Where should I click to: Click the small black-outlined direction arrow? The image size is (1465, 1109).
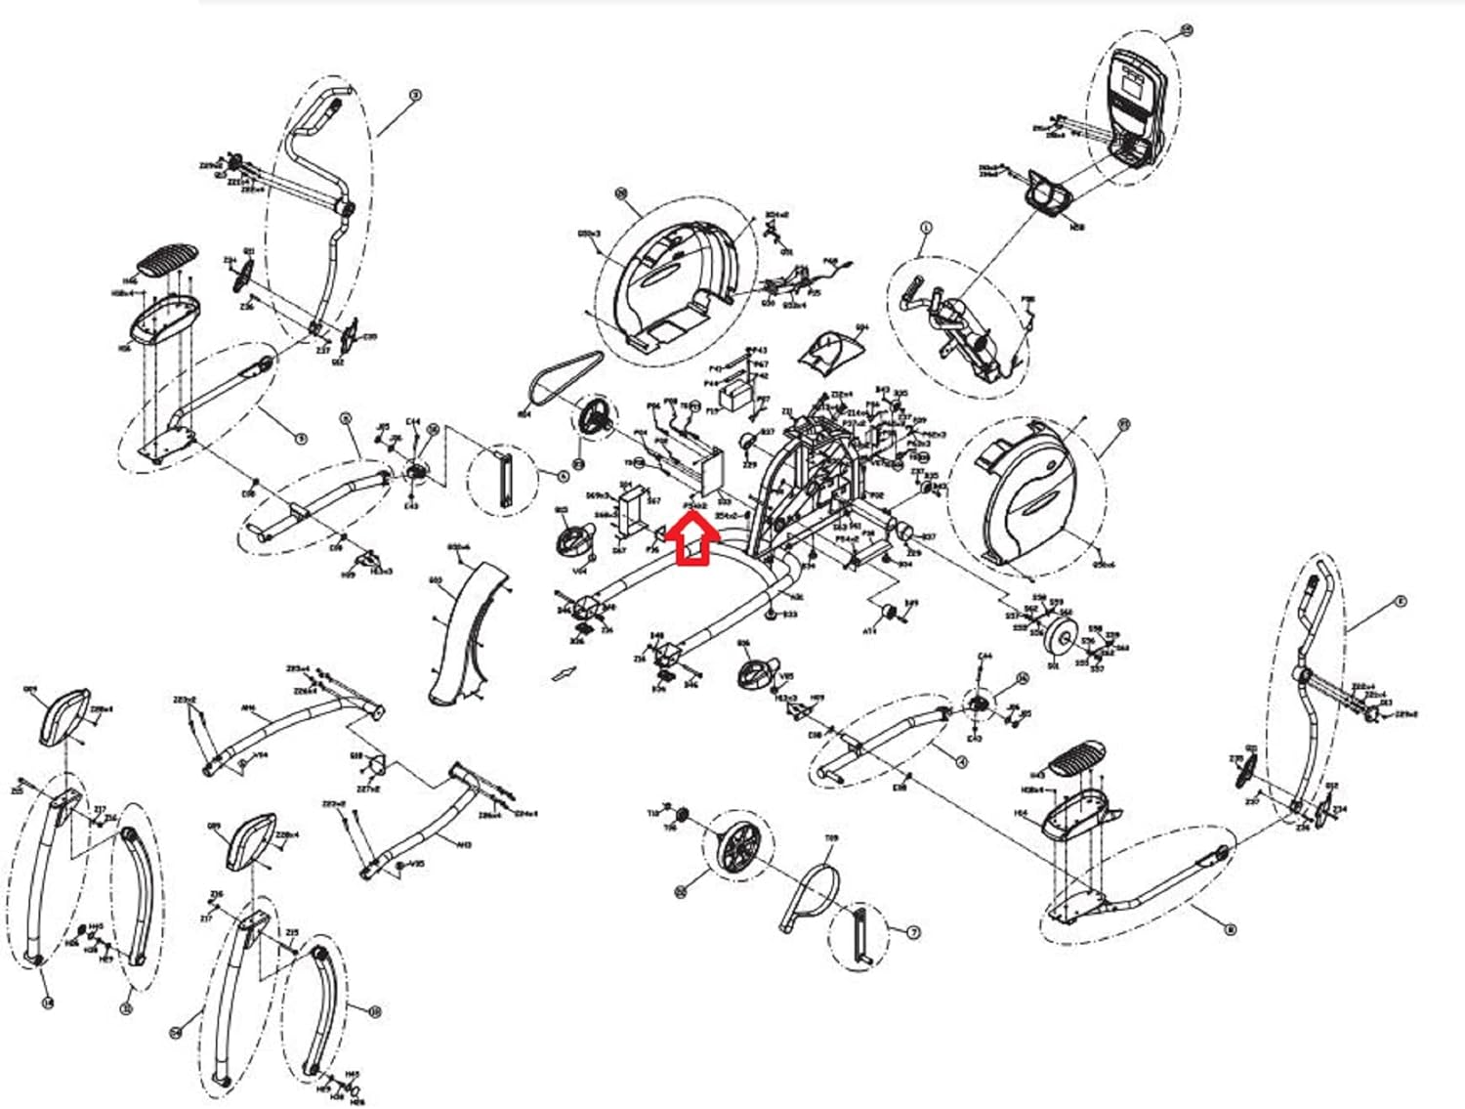click(x=565, y=672)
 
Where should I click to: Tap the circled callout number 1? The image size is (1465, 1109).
click(x=926, y=228)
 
